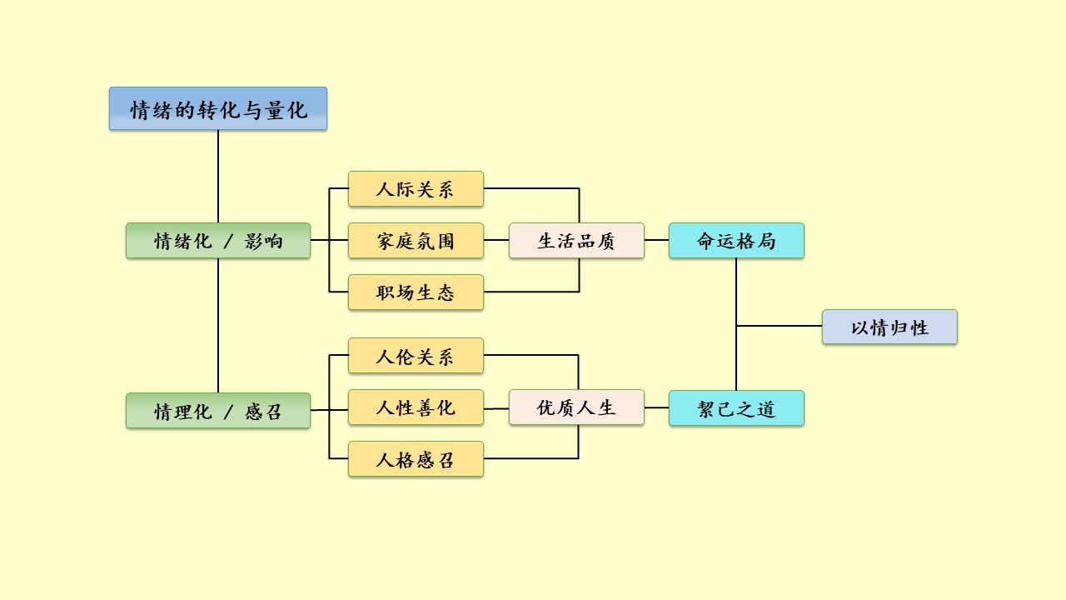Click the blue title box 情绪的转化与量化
point(218,108)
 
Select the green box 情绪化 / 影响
point(218,241)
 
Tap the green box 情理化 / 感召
point(218,411)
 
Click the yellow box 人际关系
point(416,189)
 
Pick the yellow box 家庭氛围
point(416,241)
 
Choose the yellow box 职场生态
point(416,292)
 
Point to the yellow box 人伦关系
point(416,356)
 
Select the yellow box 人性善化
point(416,407)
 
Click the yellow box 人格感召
point(416,459)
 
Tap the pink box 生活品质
point(576,241)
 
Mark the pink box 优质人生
point(576,407)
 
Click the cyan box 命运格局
point(736,241)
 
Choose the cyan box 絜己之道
point(736,408)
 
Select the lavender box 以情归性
point(889,327)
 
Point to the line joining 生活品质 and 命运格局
point(656,240)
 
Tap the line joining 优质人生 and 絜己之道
point(656,407)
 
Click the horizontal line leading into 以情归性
point(780,326)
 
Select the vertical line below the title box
point(218,175)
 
